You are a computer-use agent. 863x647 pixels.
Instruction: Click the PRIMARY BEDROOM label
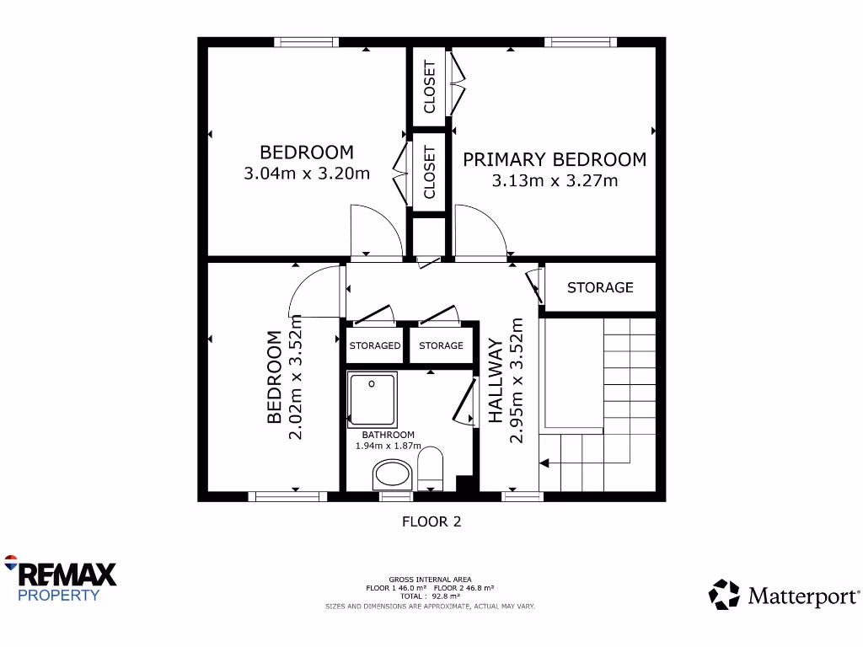[555, 159]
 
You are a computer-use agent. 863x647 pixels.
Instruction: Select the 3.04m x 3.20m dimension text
[307, 174]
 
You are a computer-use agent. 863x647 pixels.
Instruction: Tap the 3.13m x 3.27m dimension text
[555, 180]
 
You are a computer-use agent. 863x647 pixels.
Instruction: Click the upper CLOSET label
[430, 86]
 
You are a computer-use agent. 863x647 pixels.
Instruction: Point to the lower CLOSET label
[430, 172]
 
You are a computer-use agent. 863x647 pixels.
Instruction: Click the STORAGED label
[375, 345]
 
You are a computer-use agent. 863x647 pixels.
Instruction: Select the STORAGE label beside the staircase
[600, 287]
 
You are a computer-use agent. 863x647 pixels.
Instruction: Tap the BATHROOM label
[383, 435]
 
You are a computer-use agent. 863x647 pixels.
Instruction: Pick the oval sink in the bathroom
[392, 474]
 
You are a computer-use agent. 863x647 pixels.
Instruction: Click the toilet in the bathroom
[431, 468]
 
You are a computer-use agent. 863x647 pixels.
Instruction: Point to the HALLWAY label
[496, 380]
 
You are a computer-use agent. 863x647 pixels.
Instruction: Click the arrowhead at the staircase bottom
[544, 463]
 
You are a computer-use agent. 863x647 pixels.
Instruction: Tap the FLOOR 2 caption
[431, 521]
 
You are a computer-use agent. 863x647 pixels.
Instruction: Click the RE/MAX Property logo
[61, 579]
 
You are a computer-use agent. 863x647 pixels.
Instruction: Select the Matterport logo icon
[723, 594]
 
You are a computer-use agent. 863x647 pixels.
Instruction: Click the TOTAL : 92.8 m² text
[430, 596]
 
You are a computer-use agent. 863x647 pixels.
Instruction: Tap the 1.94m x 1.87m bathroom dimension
[387, 446]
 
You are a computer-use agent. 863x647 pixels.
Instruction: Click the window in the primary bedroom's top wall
[580, 42]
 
